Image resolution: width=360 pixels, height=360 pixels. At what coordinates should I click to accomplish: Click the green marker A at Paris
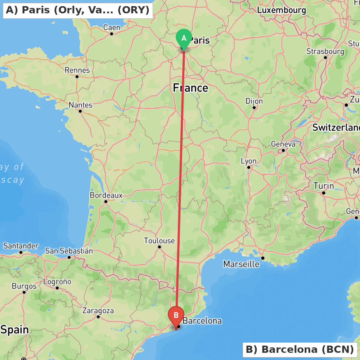184,38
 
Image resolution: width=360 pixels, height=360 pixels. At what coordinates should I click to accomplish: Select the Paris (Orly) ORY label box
78,10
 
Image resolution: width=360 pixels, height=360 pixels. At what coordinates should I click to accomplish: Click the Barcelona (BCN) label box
300,349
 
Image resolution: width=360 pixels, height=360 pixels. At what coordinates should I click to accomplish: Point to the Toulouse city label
159,240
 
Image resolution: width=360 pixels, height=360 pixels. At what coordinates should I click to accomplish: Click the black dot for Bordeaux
106,201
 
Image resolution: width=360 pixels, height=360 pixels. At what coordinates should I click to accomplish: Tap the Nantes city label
81,105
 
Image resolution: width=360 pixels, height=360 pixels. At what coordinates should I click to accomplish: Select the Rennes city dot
77,76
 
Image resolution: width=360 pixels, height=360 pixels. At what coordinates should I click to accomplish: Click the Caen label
112,27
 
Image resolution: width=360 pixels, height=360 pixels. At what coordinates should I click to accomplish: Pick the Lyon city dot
248,167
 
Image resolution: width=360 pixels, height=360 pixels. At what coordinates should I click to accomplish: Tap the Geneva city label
283,144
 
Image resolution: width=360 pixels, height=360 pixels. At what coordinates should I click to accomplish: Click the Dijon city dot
254,107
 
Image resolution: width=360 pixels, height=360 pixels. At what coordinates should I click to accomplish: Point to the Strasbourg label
325,51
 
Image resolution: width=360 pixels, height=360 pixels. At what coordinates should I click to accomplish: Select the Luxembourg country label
282,10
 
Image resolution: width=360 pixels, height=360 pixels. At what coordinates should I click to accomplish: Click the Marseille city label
241,264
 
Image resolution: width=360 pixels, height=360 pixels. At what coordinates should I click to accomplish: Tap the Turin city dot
324,193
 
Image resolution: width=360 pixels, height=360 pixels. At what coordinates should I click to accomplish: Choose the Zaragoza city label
98,310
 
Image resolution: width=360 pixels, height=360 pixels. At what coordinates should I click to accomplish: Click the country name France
190,88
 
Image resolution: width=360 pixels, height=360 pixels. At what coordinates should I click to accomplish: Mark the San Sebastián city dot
69,257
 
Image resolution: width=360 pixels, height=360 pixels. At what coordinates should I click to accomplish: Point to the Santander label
21,246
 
